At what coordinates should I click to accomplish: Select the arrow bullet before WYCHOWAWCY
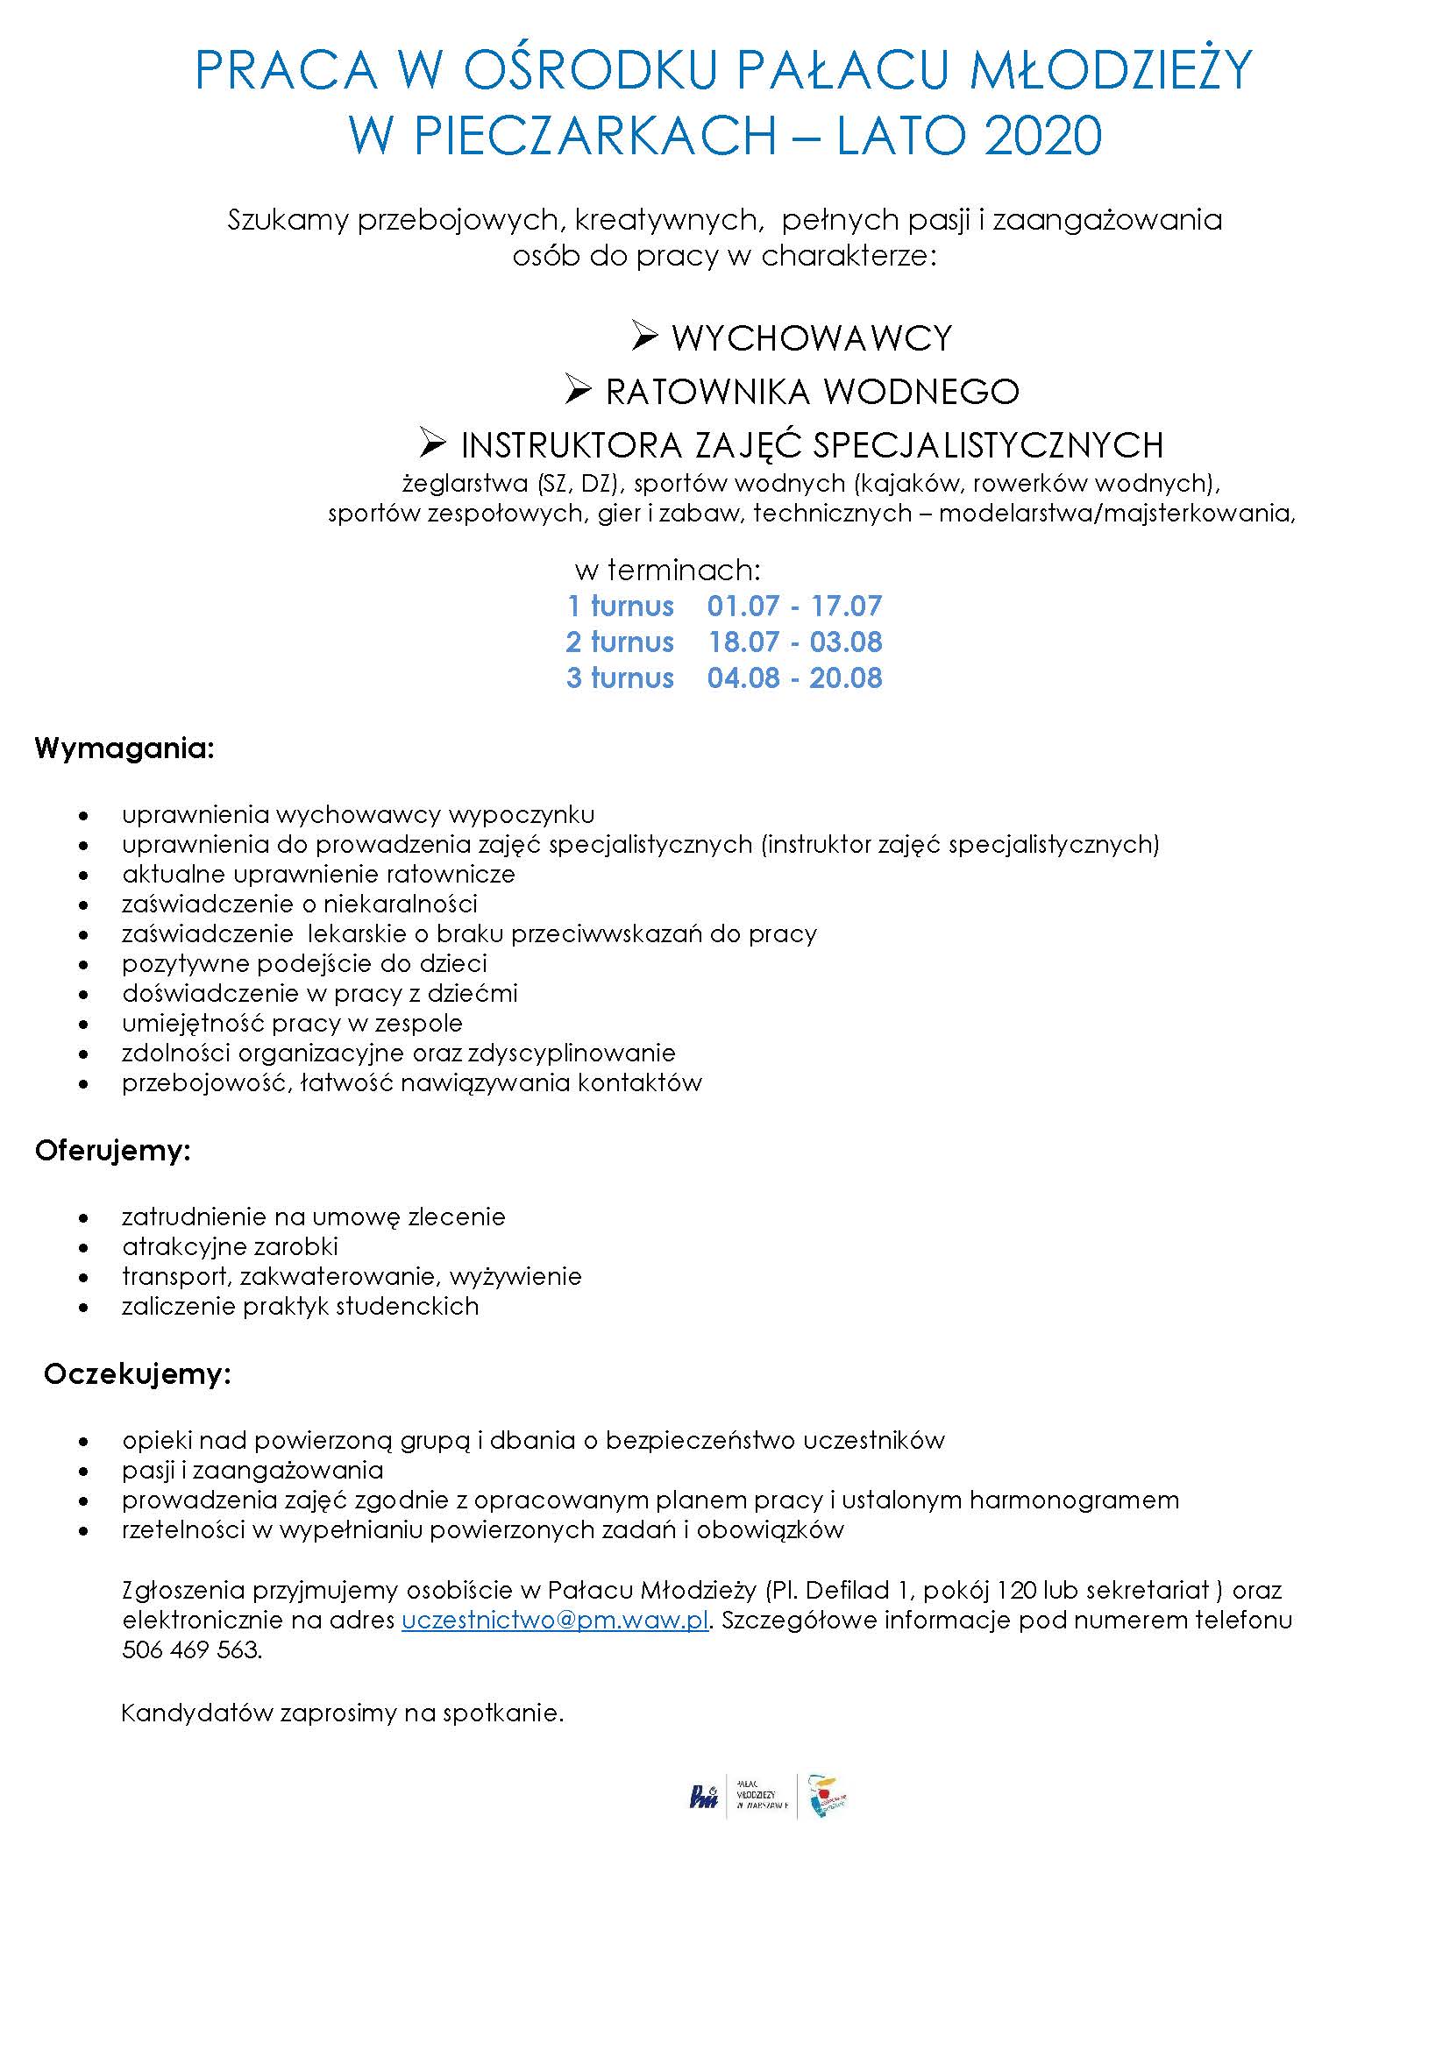pos(643,337)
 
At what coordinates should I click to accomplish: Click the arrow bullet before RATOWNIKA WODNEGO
pos(579,389)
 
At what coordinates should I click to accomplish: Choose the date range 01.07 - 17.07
pos(793,606)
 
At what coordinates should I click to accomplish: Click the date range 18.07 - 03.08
pos(794,642)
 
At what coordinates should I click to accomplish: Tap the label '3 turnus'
pos(620,677)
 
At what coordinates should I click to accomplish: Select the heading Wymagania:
pos(125,748)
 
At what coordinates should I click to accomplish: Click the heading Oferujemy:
pos(113,1151)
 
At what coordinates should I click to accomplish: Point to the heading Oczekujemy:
pos(138,1374)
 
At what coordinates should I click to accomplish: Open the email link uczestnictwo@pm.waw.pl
pos(554,1621)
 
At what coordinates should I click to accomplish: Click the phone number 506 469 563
pos(191,1650)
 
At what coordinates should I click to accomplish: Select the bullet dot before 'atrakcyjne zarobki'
pos(84,1247)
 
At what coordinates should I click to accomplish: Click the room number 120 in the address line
pos(1016,1590)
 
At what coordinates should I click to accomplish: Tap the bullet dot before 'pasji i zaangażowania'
pos(84,1471)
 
